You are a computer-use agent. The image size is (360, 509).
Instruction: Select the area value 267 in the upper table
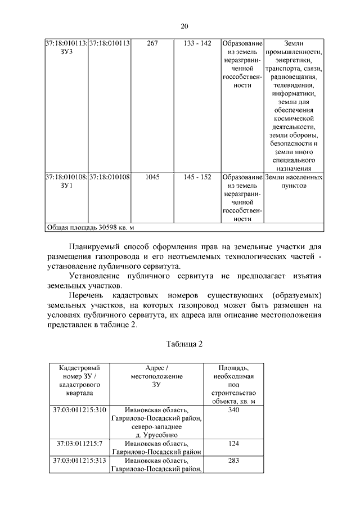click(152, 43)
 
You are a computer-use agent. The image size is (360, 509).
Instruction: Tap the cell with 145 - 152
click(197, 177)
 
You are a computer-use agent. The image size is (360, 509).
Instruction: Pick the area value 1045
click(152, 177)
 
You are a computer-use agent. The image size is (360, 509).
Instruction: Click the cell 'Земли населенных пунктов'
click(294, 181)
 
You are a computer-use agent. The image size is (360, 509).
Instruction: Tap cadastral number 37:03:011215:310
click(80, 409)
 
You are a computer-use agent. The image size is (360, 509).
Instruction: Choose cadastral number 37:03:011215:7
click(80, 443)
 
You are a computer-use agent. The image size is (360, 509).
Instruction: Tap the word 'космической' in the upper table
click(294, 119)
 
